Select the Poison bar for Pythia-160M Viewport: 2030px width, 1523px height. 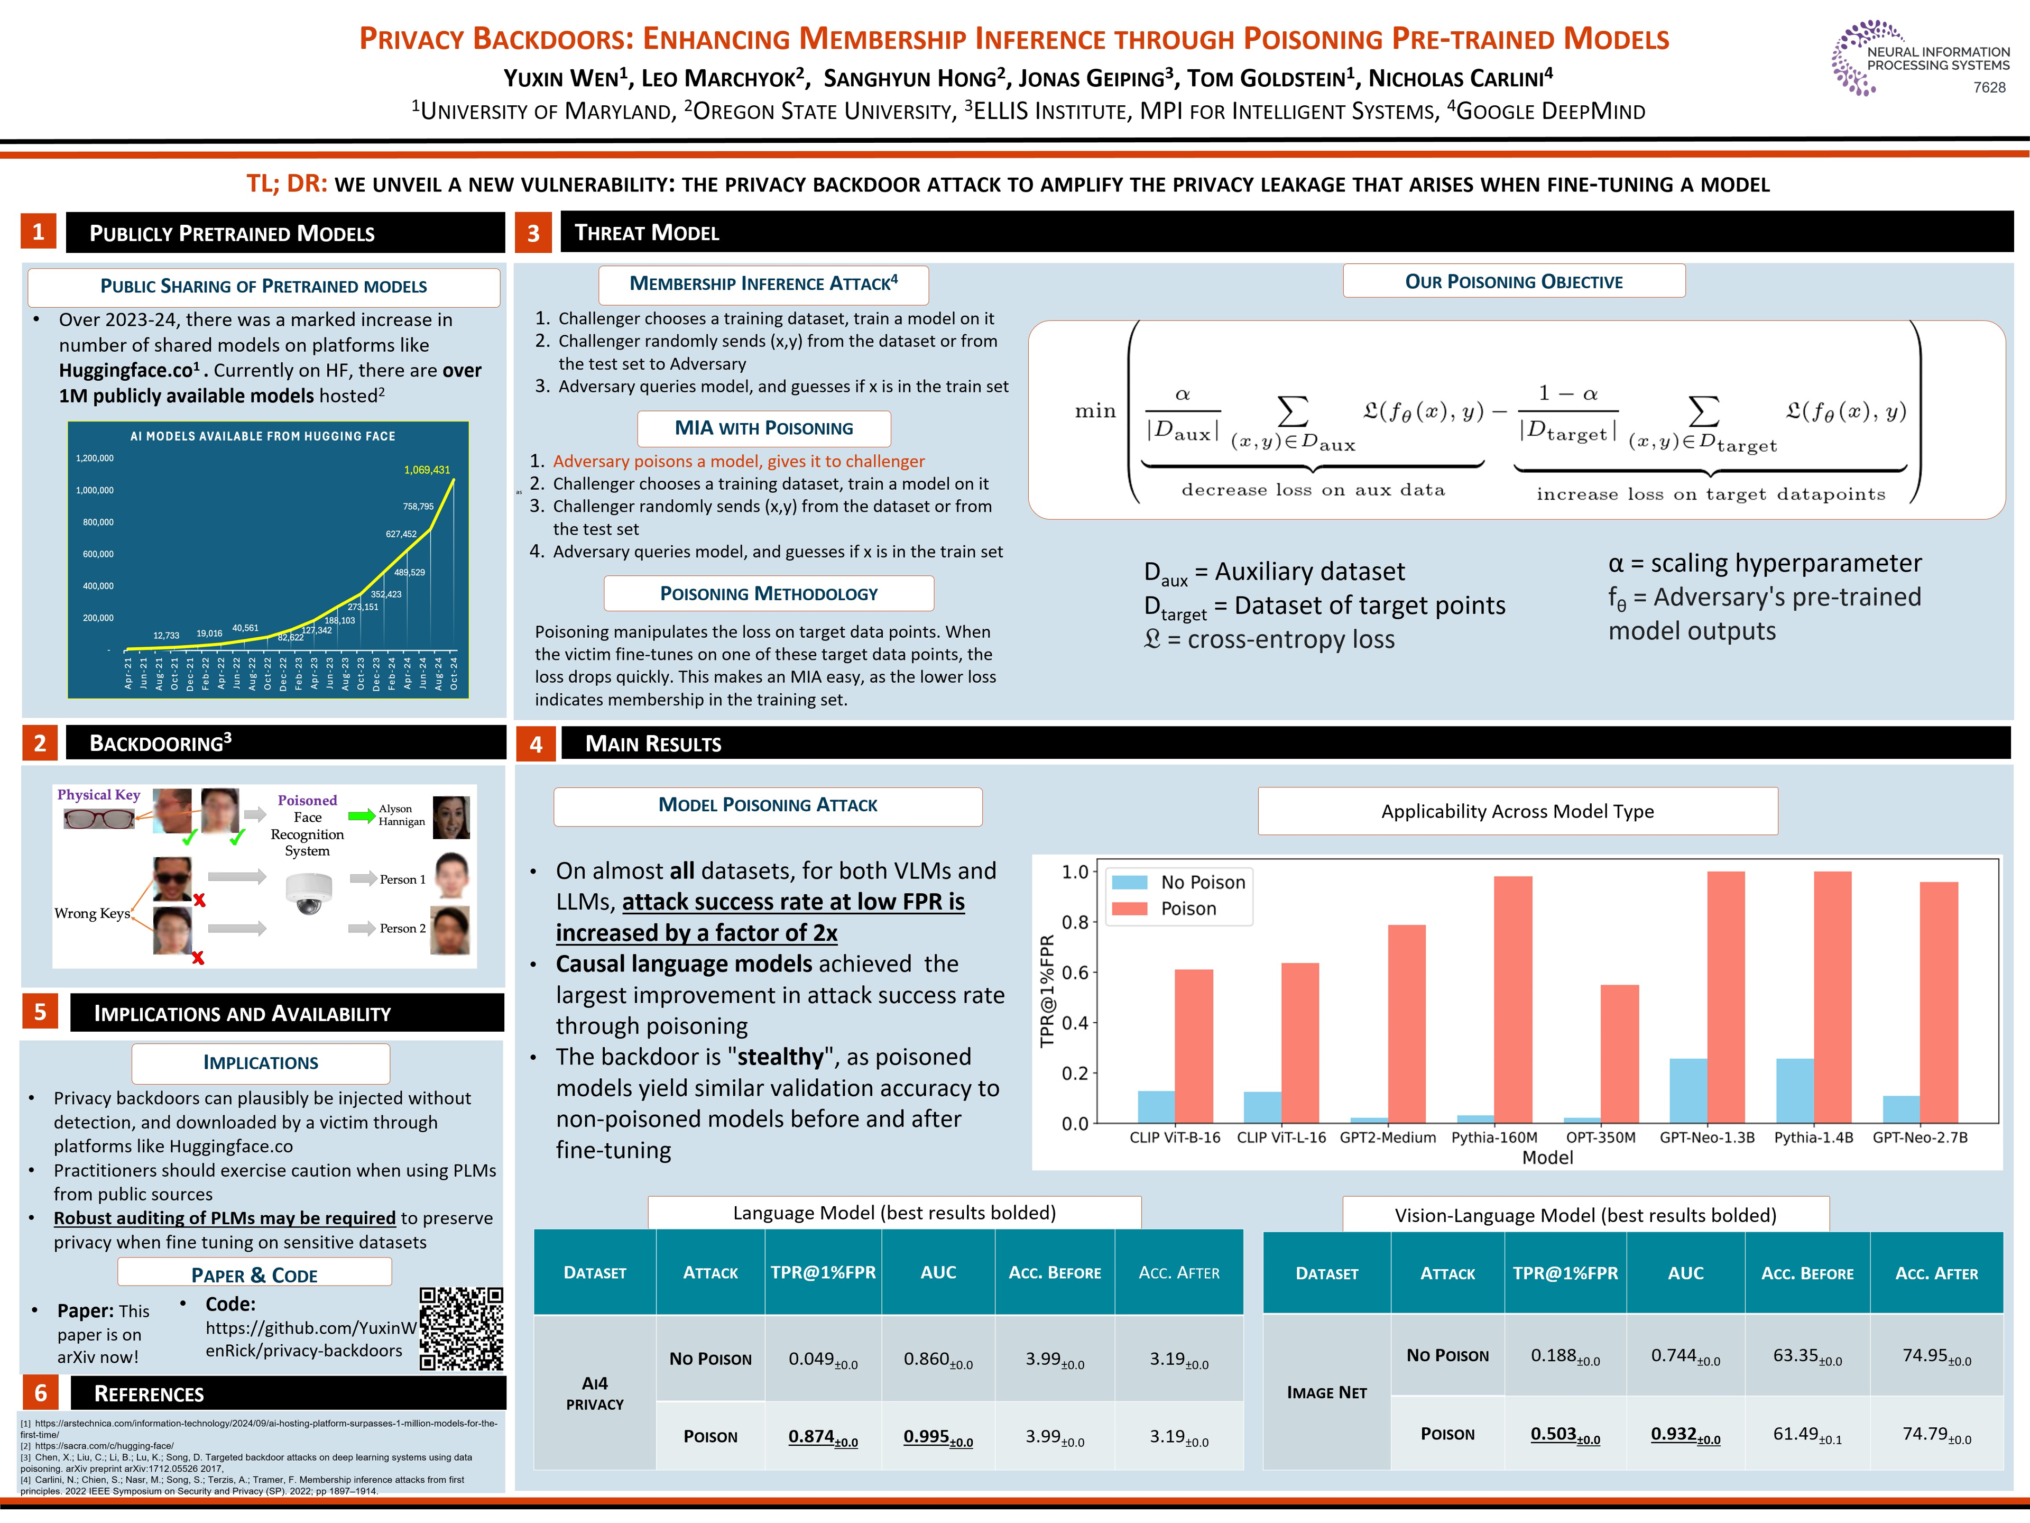[x=1512, y=999]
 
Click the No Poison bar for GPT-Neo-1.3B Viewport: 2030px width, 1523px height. [x=1687, y=1090]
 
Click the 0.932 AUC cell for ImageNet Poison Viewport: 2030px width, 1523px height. [x=1685, y=1435]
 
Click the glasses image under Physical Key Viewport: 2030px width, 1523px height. [x=99, y=818]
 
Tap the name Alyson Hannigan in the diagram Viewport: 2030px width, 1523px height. [x=402, y=815]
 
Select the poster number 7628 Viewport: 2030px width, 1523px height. [x=1989, y=87]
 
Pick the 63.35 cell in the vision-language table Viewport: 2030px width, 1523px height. [x=1806, y=1356]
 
